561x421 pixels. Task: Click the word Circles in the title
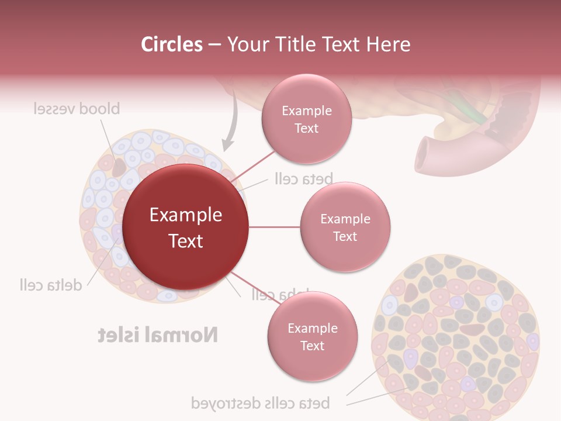tap(172, 44)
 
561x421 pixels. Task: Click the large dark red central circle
tap(186, 227)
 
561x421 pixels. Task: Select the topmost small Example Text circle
tap(306, 119)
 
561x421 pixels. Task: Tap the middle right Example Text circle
tap(345, 227)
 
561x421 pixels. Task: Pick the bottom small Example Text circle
tap(312, 337)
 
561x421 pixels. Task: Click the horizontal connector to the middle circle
tap(274, 227)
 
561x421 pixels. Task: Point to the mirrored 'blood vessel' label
tap(76, 109)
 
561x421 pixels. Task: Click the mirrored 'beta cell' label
tap(303, 179)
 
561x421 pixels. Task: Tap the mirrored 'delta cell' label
tap(50, 285)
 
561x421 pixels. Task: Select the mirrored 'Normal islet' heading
tap(158, 335)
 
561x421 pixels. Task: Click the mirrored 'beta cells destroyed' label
tap(261, 403)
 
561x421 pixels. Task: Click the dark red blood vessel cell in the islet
tap(119, 167)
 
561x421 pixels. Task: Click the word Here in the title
tap(388, 44)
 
